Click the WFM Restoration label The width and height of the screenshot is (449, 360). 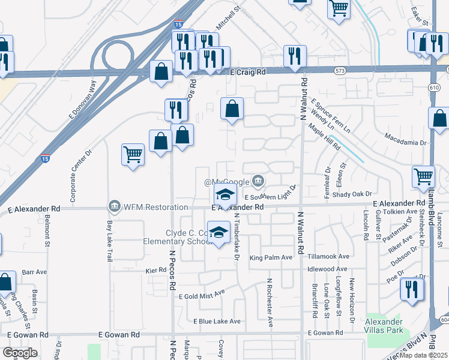[156, 208]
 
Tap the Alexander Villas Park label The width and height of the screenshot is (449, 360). [384, 325]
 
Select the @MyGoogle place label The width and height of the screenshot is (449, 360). [226, 182]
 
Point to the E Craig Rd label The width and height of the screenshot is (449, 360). [249, 72]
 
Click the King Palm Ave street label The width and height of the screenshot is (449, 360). [271, 257]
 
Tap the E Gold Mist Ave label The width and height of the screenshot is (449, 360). [202, 294]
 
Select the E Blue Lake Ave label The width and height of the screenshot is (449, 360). [217, 322]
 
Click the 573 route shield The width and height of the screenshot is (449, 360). [340, 70]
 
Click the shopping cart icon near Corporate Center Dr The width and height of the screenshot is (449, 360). [133, 154]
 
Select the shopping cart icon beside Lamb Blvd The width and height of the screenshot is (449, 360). [423, 176]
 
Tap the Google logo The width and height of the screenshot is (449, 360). [20, 352]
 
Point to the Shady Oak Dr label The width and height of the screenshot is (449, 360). [352, 194]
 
